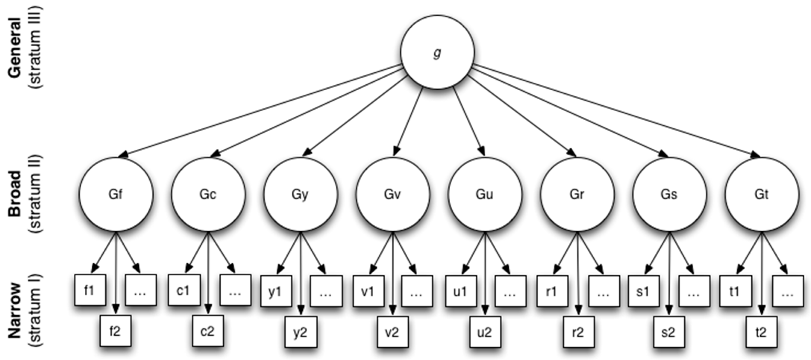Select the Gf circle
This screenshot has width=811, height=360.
[x=116, y=194]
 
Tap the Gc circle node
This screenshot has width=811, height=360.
[x=208, y=194]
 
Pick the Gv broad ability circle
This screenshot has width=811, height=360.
[x=393, y=194]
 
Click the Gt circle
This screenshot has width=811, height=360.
[x=762, y=194]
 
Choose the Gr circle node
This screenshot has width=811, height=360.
[x=577, y=194]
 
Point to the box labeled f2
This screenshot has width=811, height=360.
[x=115, y=331]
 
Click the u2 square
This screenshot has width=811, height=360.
[x=485, y=332]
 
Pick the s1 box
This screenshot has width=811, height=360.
[x=643, y=291]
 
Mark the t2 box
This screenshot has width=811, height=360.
[x=761, y=332]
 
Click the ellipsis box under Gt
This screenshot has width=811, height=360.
[x=787, y=291]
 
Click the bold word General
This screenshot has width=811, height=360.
[x=15, y=47]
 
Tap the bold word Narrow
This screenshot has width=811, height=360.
[x=15, y=310]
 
